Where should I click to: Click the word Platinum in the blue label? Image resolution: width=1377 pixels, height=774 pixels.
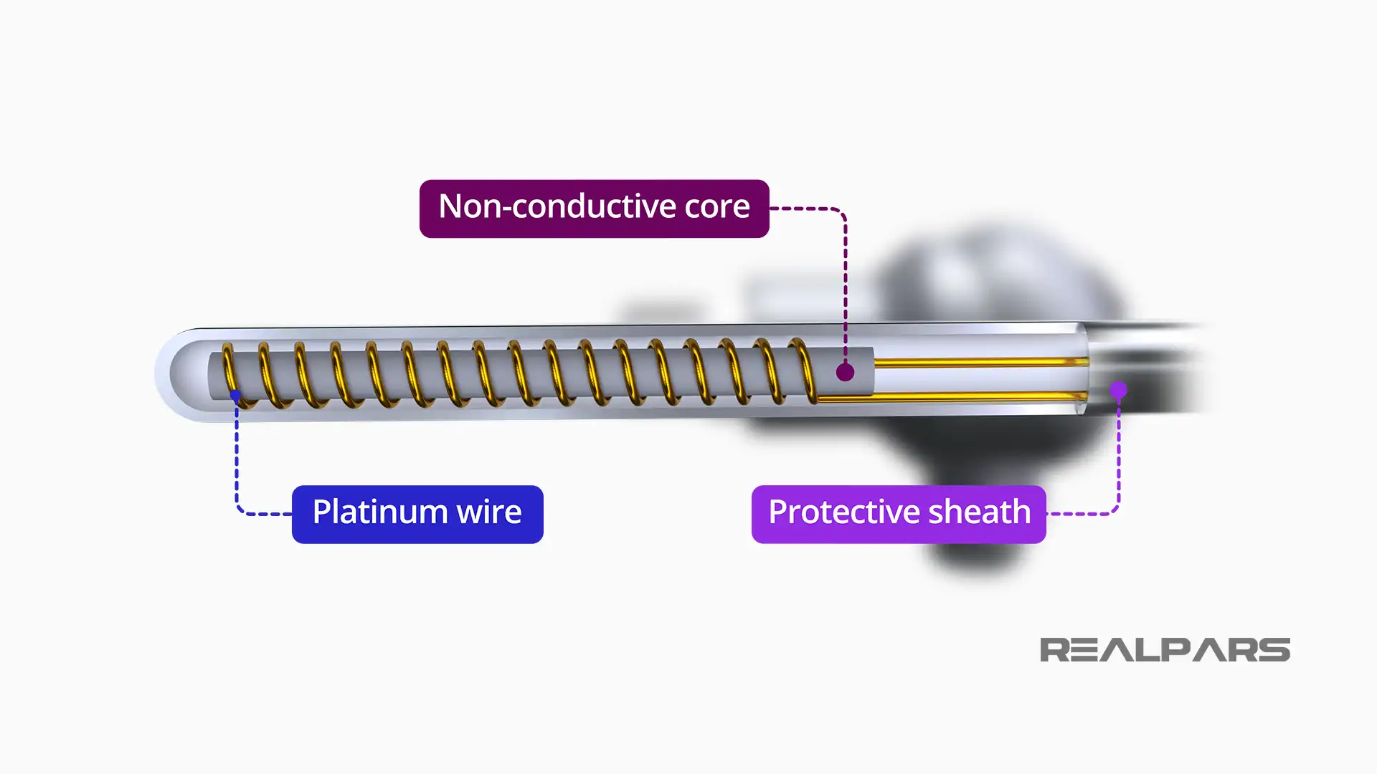click(379, 513)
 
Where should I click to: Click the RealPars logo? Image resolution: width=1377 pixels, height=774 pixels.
click(1165, 650)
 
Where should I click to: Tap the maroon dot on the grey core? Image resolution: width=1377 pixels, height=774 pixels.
click(845, 373)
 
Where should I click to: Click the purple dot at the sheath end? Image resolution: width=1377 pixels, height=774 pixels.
click(1118, 390)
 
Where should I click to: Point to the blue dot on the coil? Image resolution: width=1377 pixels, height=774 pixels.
click(235, 395)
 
